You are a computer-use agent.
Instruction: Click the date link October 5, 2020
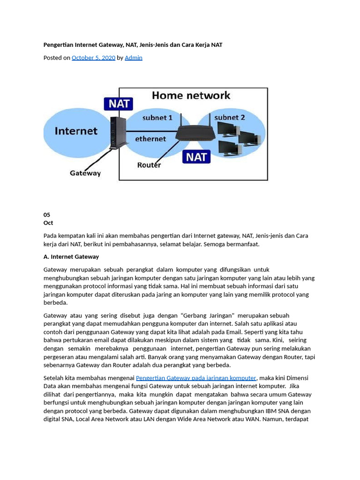93,58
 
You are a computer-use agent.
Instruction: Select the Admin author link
133,58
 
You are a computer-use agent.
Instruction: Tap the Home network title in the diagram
191,96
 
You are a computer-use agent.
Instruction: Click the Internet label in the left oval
76,131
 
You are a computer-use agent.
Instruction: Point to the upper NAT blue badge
119,104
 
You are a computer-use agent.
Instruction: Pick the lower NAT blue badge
196,157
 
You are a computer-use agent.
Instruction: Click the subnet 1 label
157,118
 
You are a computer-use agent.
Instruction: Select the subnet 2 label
229,117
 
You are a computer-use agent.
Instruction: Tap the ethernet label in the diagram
150,139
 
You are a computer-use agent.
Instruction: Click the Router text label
149,165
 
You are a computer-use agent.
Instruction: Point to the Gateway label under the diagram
85,173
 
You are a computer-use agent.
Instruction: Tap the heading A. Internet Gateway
71,256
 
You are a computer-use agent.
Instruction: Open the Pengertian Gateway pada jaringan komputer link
196,378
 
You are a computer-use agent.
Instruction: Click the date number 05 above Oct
47,215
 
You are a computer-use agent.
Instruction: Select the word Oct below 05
48,223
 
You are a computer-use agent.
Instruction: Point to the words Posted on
57,58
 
